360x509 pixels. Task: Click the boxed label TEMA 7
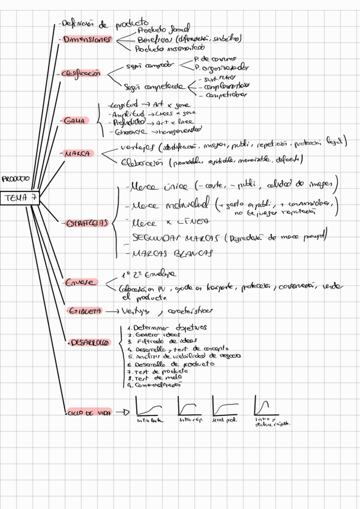pos(20,198)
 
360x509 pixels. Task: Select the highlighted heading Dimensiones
pos(88,40)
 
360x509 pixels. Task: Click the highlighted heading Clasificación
pos(81,74)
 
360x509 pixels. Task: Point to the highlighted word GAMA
pos(75,121)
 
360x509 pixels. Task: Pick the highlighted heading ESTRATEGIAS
pos(85,223)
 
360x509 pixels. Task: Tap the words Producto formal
pos(163,29)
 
